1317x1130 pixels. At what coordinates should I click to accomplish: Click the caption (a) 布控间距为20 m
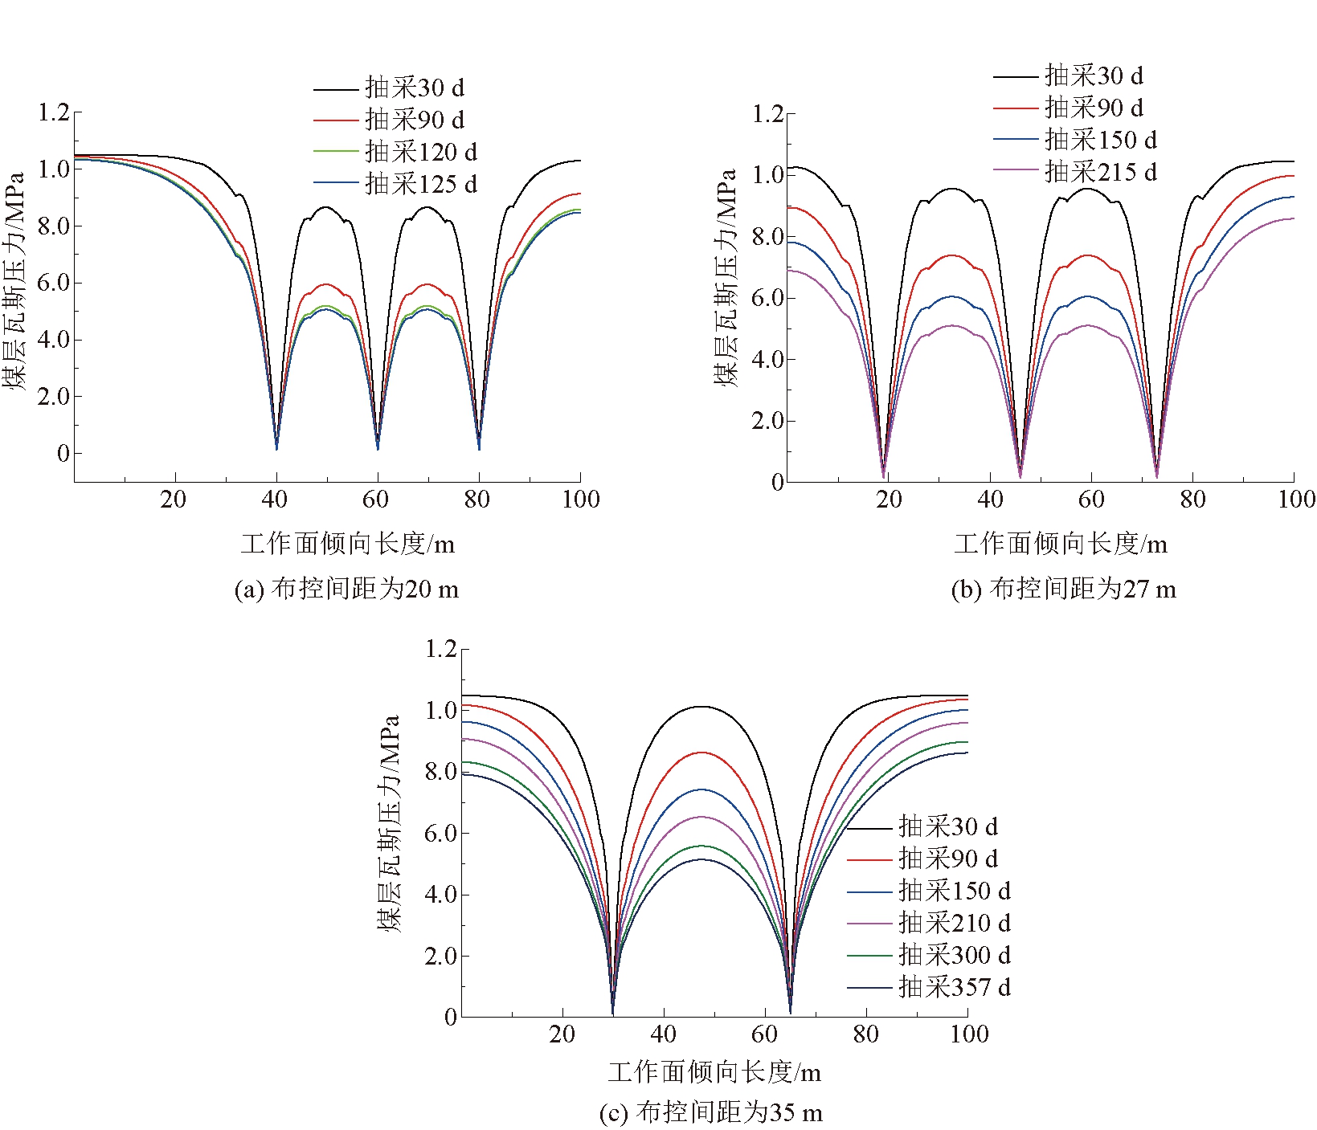346,589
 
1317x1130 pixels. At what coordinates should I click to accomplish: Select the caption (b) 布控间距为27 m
1063,589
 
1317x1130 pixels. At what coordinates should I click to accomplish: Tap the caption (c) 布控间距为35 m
711,1112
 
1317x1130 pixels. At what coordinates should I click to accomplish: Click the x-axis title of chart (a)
347,545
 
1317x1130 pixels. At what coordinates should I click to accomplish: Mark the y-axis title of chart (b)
726,278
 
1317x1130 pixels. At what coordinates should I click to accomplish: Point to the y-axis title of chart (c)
389,823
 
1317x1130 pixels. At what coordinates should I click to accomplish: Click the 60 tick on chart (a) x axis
375,500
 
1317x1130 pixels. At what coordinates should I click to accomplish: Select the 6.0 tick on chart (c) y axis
440,833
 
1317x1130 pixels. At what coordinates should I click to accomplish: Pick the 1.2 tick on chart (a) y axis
54,112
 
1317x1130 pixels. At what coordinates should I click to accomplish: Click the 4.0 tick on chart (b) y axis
767,359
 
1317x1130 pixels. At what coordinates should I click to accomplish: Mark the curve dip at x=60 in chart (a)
378,447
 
